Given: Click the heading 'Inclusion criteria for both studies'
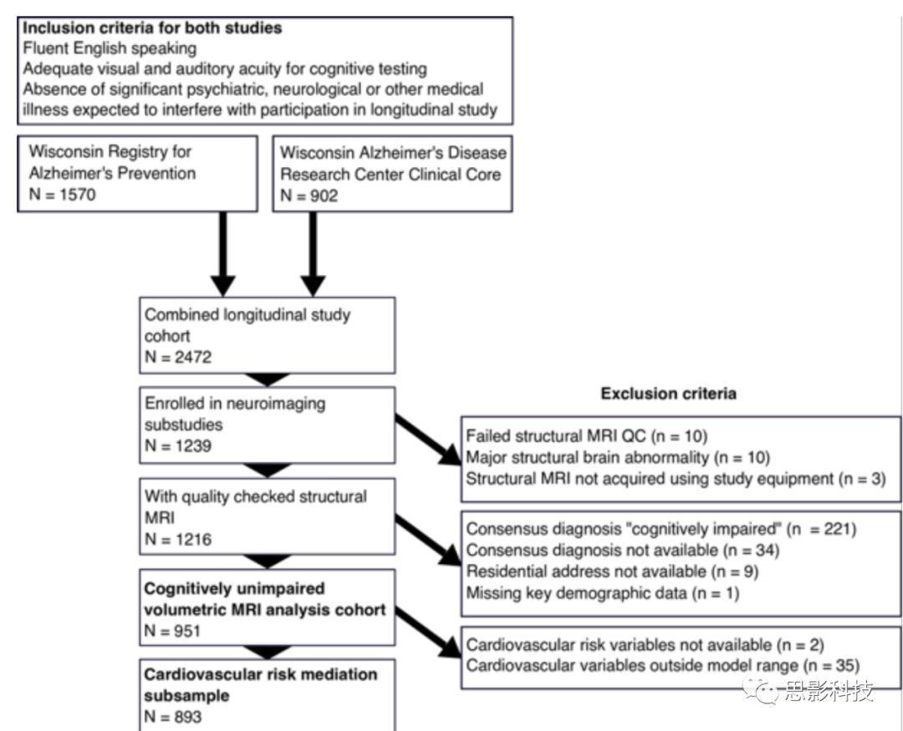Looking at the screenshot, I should pyautogui.click(x=152, y=28).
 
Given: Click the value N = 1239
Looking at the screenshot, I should pyautogui.click(x=178, y=445).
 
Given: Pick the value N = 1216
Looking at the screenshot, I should pyautogui.click(x=177, y=539).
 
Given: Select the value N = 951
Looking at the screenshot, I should pyautogui.click(x=173, y=632).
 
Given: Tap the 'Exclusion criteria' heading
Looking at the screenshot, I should pyautogui.click(x=669, y=393).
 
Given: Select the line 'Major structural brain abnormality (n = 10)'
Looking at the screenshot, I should pyautogui.click(x=617, y=457).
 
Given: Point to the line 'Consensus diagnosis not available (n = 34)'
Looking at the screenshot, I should pyautogui.click(x=622, y=550).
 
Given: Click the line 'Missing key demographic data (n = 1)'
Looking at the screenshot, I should pyautogui.click(x=603, y=593).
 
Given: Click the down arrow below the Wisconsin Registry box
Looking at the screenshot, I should pyautogui.click(x=222, y=254).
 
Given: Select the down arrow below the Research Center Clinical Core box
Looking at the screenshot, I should pyautogui.click(x=312, y=254).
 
